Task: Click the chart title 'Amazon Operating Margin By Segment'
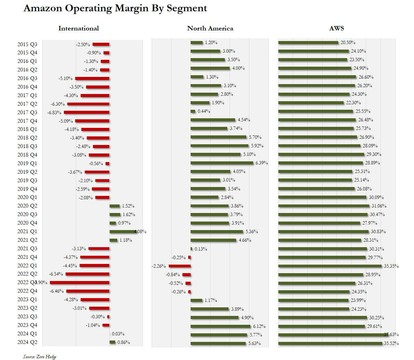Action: click(115, 8)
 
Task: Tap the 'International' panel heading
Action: click(79, 28)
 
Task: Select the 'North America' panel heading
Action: click(210, 28)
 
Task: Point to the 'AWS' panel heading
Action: click(336, 28)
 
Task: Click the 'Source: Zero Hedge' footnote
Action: click(40, 357)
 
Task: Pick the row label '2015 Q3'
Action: click(27, 44)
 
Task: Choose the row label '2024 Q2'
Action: click(27, 342)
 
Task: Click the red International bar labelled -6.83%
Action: click(86, 112)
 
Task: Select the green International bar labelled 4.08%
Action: click(122, 231)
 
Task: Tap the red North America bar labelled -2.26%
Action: click(180, 266)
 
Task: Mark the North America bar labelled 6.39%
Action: click(222, 163)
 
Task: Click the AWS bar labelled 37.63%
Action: click(333, 335)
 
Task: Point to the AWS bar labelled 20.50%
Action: click(308, 43)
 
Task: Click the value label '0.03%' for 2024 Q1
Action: click(118, 334)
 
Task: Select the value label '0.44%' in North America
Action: click(204, 111)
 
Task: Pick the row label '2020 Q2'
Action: click(27, 206)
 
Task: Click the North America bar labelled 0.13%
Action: click(191, 249)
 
